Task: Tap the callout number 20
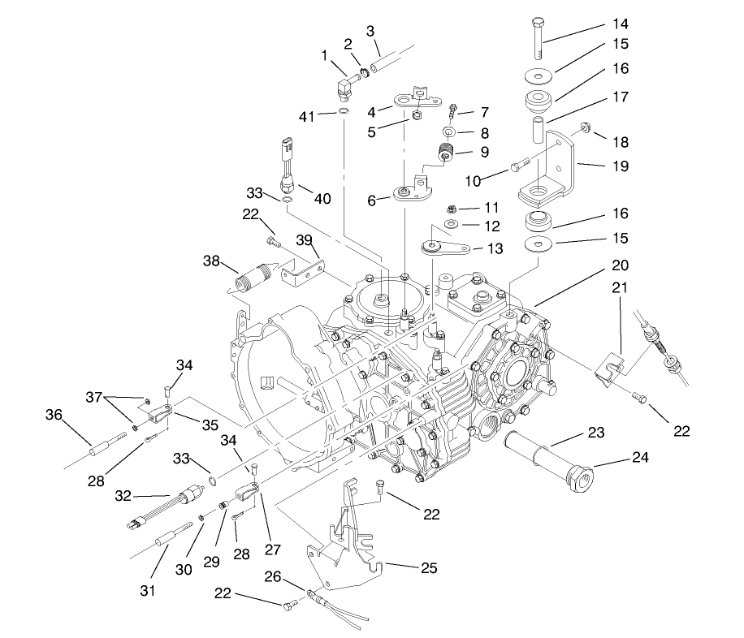620,265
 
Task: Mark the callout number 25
429,567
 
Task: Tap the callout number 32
123,496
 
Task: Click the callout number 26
274,578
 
